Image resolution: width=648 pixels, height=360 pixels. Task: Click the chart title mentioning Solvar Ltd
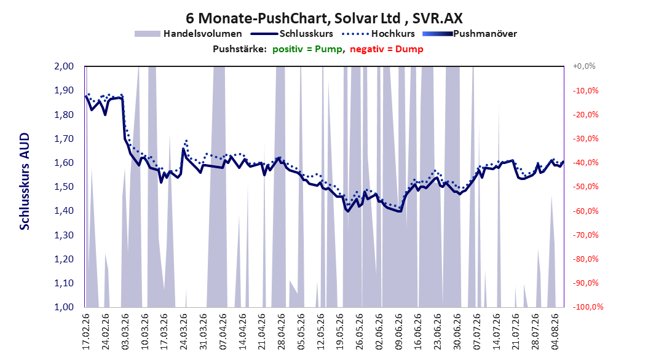tap(324, 18)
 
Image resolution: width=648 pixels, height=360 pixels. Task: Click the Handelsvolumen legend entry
tap(189, 34)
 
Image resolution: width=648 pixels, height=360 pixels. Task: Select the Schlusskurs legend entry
tap(292, 34)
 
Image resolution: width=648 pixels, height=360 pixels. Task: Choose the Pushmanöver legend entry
tap(470, 34)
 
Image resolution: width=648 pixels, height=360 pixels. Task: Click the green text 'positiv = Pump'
tap(307, 49)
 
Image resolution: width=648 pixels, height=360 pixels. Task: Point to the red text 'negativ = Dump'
tap(387, 49)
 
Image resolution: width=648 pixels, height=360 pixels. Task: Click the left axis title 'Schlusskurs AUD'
tap(25, 181)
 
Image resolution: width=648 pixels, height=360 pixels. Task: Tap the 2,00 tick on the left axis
tap(64, 66)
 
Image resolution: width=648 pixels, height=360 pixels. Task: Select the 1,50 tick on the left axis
tap(64, 187)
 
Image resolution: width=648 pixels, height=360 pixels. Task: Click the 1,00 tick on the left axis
tap(64, 307)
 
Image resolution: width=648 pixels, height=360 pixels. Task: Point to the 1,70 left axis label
tap(64, 138)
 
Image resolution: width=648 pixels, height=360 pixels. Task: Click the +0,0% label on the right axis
tap(584, 66)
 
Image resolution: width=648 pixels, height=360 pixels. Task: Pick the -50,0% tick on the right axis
tap(585, 187)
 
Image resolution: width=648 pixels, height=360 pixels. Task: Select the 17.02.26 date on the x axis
tap(86, 332)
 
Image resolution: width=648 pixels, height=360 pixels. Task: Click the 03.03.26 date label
tap(125, 332)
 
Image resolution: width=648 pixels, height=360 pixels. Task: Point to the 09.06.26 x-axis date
tap(399, 332)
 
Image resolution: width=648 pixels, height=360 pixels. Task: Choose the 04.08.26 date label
tap(555, 332)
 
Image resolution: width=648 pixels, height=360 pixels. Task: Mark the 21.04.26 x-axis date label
tap(262, 332)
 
